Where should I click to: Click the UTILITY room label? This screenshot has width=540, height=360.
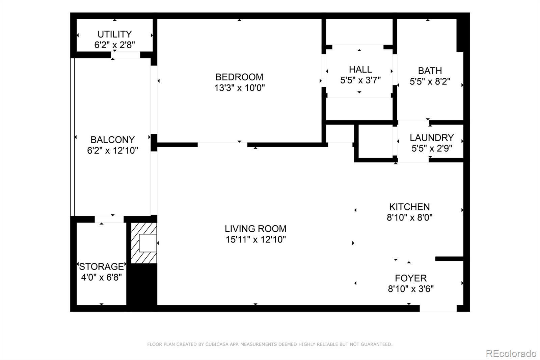tap(114, 34)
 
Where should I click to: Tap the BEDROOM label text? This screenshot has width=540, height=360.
tap(239, 77)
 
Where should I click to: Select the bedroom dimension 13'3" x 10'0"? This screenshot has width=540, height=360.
tap(239, 88)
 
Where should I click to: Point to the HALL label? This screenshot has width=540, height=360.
tap(360, 70)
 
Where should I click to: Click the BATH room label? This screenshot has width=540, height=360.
tap(430, 71)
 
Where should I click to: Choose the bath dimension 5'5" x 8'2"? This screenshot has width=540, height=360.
tap(430, 81)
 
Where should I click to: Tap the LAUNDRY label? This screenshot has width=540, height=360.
tap(432, 138)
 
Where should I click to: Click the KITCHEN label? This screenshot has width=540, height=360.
tap(409, 207)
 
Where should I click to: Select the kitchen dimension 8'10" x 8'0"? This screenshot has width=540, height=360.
tap(409, 217)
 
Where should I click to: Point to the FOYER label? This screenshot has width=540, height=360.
tap(411, 278)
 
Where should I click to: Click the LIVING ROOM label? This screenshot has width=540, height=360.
tap(255, 229)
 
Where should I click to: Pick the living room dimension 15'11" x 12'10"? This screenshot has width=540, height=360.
tap(255, 239)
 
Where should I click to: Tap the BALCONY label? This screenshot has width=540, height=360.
tap(113, 140)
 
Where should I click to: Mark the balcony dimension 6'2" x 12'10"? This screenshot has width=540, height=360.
tap(113, 151)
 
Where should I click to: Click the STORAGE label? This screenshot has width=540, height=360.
tap(102, 266)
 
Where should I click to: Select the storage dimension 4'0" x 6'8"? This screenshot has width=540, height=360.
tap(102, 278)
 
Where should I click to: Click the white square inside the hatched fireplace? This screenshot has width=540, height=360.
tap(148, 243)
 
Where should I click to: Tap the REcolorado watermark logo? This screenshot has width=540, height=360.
tap(511, 354)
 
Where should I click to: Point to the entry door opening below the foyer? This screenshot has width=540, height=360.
tap(438, 308)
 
